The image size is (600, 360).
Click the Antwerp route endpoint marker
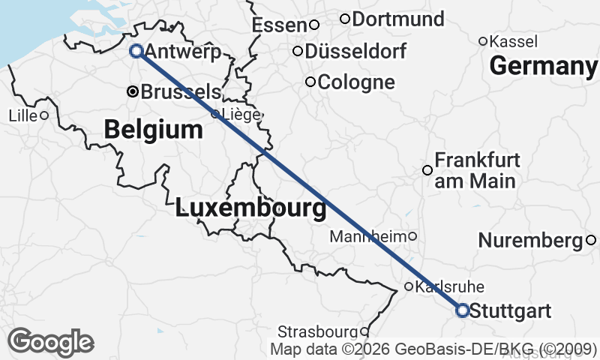(136, 51)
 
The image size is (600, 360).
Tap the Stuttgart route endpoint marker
(462, 310)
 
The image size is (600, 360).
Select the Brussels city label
(181, 92)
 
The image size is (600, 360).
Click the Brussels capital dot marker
(133, 91)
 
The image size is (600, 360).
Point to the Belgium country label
(153, 130)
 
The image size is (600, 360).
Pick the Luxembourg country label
(250, 208)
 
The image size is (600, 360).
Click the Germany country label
(541, 67)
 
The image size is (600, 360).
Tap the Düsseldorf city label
(356, 52)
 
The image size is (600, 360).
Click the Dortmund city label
(397, 19)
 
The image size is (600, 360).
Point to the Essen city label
(280, 25)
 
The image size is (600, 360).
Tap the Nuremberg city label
(530, 241)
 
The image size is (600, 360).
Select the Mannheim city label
(367, 236)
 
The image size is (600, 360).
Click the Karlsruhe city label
(450, 286)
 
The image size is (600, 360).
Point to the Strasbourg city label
(317, 331)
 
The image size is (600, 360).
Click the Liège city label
(241, 115)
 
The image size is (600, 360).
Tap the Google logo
(50, 341)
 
